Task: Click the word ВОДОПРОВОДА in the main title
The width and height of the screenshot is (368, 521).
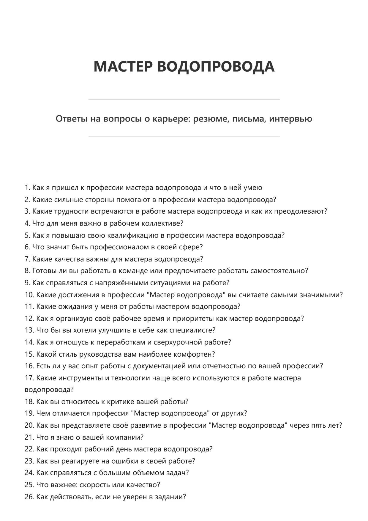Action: pyautogui.click(x=216, y=67)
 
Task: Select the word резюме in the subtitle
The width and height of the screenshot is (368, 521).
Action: pyautogui.click(x=210, y=119)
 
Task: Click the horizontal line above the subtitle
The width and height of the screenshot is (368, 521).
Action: pyautogui.click(x=184, y=100)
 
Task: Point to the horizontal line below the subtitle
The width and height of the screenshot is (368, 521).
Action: pyautogui.click(x=184, y=136)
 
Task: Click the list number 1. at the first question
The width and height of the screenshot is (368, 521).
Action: pyautogui.click(x=27, y=188)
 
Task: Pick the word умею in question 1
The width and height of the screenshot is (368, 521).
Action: pyautogui.click(x=253, y=188)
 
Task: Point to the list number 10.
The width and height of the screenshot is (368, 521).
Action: pyautogui.click(x=29, y=295)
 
